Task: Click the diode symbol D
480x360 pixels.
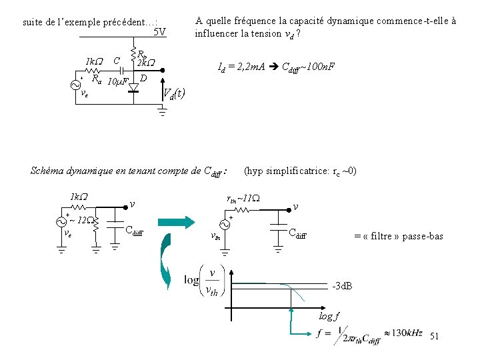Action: coord(133,87)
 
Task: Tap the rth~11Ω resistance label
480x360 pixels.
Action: coord(243,198)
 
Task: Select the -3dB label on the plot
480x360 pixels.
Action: coord(342,287)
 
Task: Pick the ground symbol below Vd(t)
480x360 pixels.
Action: coord(161,113)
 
